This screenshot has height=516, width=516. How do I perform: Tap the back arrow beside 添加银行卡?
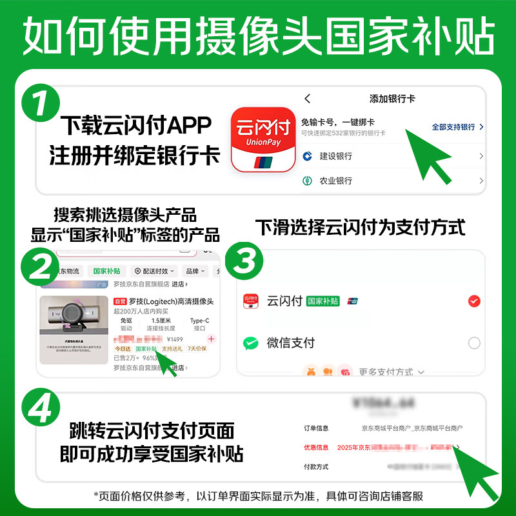pos(308,99)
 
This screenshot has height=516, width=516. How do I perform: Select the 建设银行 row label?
pos(335,157)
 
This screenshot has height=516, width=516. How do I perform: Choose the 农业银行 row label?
pos(335,181)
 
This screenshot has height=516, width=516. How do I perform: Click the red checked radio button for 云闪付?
pos(474,301)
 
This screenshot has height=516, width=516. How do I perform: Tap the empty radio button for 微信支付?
pos(474,342)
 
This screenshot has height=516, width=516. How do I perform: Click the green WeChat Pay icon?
pos(251,342)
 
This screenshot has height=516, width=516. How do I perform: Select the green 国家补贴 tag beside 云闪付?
pos(322,301)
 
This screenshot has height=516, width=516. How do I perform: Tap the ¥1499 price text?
pos(175,339)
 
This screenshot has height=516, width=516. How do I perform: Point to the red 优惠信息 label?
pos(316,447)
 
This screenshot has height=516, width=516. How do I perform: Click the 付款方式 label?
pos(316,466)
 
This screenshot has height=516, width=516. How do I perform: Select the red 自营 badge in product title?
pos(119,301)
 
